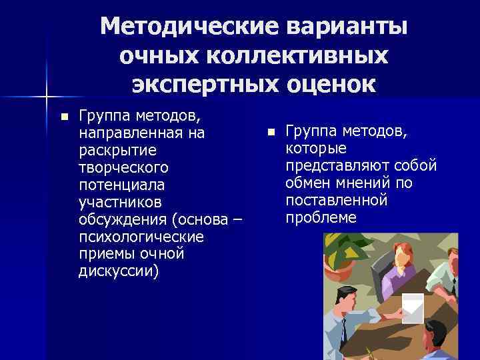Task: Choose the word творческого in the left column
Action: click(x=123, y=167)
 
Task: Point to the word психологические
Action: click(x=142, y=237)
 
